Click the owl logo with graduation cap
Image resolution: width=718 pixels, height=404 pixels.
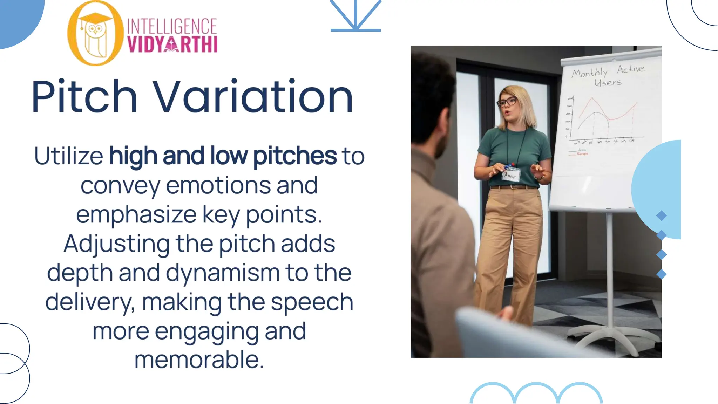click(x=95, y=34)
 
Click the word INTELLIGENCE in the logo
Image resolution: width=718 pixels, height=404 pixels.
click(x=172, y=27)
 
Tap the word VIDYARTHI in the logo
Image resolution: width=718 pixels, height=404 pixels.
click(x=172, y=45)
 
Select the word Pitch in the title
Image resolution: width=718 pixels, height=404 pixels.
click(x=84, y=97)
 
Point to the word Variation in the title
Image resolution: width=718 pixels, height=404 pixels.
click(x=253, y=97)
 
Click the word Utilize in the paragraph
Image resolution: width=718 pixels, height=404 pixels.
click(x=69, y=156)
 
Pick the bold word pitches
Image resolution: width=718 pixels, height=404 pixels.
click(x=294, y=156)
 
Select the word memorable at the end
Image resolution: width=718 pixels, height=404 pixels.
click(x=199, y=360)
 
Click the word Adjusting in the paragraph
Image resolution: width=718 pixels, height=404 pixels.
click(x=116, y=244)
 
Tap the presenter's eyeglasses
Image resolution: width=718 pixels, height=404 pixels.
click(x=507, y=102)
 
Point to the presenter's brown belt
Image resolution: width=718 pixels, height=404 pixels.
click(x=513, y=187)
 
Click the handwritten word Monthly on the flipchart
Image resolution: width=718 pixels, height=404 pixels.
click(x=590, y=73)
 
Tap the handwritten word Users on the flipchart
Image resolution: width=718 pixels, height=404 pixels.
click(x=608, y=83)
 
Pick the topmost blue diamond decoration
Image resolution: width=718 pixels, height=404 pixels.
click(x=661, y=215)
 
